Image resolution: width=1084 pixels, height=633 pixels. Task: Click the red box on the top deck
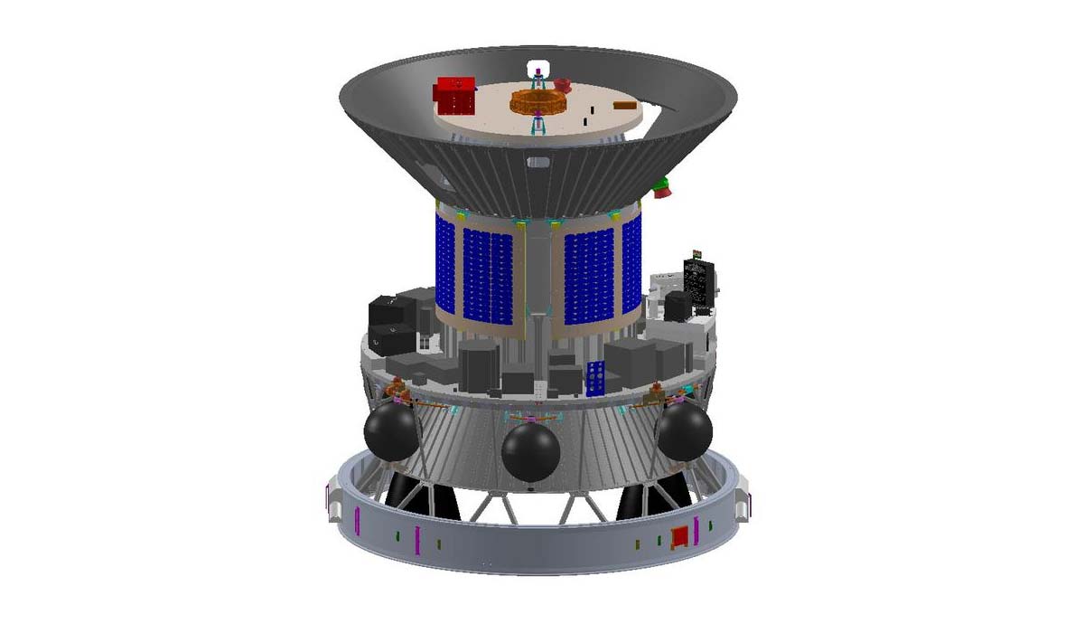pyautogui.click(x=455, y=95)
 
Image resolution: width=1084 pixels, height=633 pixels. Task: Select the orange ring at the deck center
pyautogui.click(x=539, y=100)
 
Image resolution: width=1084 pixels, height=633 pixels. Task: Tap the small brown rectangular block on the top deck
pyautogui.click(x=624, y=105)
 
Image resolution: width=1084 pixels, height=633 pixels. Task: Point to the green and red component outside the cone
pyautogui.click(x=661, y=187)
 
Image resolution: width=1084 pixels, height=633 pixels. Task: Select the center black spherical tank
pyautogui.click(x=530, y=451)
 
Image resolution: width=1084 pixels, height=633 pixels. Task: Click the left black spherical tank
pyautogui.click(x=390, y=431)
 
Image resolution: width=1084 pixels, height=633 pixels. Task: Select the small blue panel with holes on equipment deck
pyautogui.click(x=595, y=378)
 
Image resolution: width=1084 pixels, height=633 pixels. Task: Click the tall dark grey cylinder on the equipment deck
pyautogui.click(x=478, y=365)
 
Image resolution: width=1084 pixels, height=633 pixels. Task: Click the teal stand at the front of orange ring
pyautogui.click(x=539, y=125)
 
